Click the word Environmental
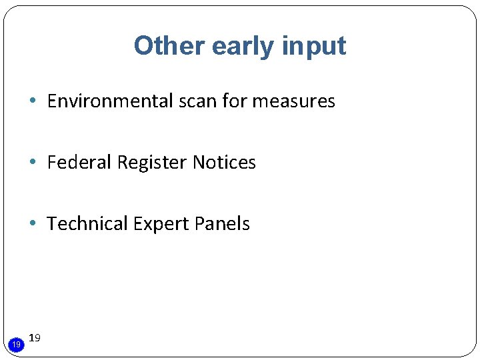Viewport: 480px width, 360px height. point(110,101)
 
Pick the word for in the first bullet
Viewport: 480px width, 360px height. point(235,101)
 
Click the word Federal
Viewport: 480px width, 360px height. point(79,163)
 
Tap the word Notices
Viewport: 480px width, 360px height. point(224,163)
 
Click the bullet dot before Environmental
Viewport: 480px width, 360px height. point(33,101)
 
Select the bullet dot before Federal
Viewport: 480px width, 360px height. point(33,163)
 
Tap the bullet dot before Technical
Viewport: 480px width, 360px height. point(33,224)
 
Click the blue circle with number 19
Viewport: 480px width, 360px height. point(16,344)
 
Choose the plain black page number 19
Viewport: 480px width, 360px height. point(35,338)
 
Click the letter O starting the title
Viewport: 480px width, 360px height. point(144,45)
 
